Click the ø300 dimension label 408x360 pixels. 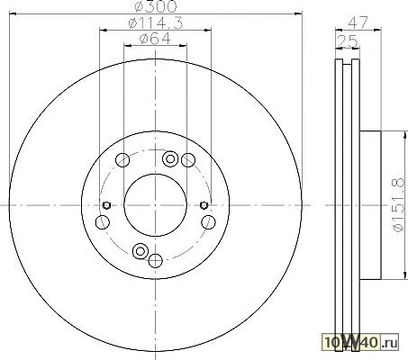coord(155,6)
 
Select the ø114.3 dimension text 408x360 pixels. coord(156,23)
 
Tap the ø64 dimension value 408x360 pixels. coord(155,39)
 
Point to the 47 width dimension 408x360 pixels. coord(358,22)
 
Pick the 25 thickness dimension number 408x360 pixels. coord(348,41)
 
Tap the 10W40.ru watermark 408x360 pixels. coord(360,342)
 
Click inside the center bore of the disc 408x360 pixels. coord(155,205)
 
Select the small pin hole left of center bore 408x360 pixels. coord(106,205)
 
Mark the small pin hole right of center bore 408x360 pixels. coord(204,205)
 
